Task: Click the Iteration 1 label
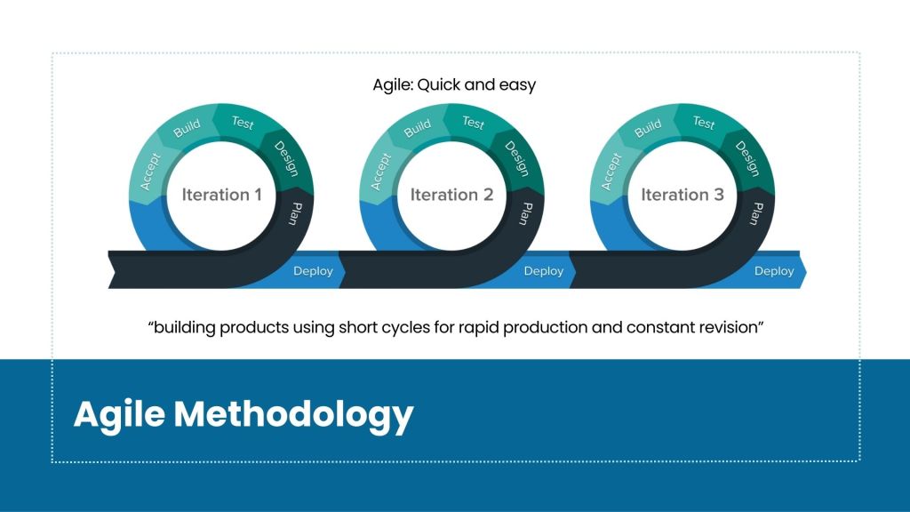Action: (221, 195)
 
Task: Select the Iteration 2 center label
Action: (451, 195)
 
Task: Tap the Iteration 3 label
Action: (682, 195)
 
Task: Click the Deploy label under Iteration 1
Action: (313, 271)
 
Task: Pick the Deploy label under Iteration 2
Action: (544, 271)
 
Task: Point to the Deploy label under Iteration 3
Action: (774, 271)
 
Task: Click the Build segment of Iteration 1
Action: (187, 128)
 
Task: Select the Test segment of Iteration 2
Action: (473, 123)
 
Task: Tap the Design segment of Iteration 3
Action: (746, 159)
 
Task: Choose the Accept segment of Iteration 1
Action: (149, 172)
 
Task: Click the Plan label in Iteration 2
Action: (526, 213)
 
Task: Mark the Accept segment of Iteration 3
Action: (611, 172)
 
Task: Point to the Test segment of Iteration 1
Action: (243, 123)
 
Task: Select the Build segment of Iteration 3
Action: (648, 128)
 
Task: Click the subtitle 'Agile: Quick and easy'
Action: (454, 84)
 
